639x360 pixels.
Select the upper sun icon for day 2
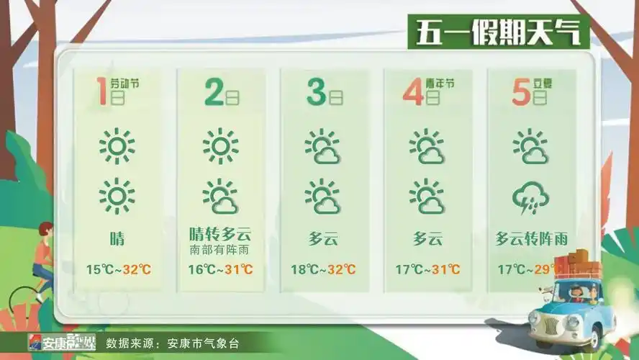click(x=220, y=146)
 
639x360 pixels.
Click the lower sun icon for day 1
click(x=117, y=196)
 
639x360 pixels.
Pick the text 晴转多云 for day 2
click(x=220, y=235)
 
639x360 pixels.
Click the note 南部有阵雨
click(x=220, y=251)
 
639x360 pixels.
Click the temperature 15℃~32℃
click(x=119, y=270)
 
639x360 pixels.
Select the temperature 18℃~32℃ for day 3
click(x=323, y=270)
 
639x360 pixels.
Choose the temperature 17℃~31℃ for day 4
click(x=427, y=270)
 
